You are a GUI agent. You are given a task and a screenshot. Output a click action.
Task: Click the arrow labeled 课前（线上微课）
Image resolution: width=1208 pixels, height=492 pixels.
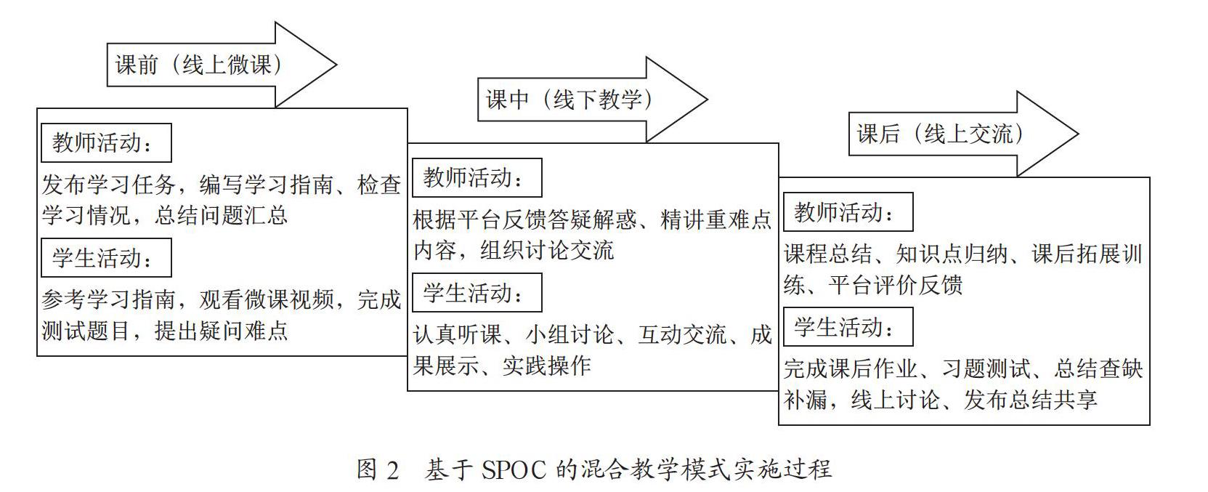click(x=222, y=65)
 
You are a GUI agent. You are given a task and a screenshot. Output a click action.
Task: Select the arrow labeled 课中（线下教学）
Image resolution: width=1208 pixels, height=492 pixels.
click(x=592, y=100)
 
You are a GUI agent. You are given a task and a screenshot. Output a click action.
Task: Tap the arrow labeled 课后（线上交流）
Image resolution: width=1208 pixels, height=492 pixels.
click(x=963, y=134)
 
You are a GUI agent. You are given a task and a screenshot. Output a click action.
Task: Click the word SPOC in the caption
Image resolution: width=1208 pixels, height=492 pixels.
click(x=514, y=470)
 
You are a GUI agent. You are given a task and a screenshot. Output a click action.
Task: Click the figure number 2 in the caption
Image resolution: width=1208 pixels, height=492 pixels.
click(x=392, y=470)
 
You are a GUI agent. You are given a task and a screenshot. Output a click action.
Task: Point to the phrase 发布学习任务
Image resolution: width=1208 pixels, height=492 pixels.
click(x=109, y=185)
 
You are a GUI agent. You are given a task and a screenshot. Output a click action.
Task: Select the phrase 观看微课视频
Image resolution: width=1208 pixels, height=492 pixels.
click(x=267, y=300)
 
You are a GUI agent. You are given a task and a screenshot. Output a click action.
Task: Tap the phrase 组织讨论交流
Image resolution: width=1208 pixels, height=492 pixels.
click(x=547, y=250)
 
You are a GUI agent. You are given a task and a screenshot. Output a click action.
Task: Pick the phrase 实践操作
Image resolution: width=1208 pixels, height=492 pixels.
click(x=547, y=366)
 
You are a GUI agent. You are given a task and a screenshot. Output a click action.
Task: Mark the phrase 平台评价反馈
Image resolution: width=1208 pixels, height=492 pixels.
click(x=896, y=285)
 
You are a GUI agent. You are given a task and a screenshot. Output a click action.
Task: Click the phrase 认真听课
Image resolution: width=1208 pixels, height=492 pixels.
click(x=458, y=335)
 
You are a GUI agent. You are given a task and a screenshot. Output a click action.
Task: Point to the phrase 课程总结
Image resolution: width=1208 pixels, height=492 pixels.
click(x=828, y=254)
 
